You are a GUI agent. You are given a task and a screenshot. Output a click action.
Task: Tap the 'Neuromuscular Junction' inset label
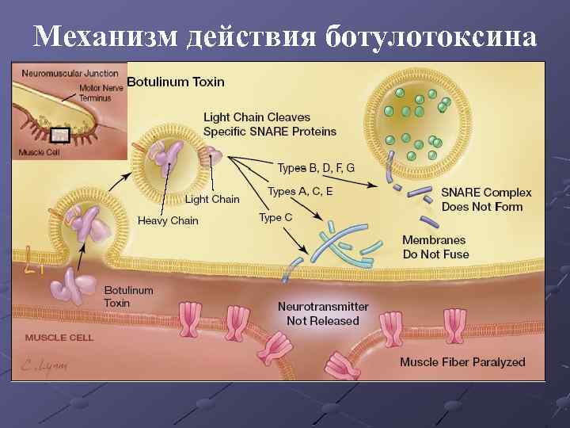click(x=70, y=73)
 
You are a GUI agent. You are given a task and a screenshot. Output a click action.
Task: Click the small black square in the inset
click(x=59, y=135)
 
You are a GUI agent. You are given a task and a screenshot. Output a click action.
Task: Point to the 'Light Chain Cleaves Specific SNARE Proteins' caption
click(x=269, y=124)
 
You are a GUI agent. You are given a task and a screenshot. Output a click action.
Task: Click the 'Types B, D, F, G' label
click(x=315, y=168)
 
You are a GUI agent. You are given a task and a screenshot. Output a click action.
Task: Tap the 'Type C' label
click(x=276, y=217)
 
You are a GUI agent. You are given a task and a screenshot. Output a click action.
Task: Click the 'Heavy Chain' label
click(x=168, y=220)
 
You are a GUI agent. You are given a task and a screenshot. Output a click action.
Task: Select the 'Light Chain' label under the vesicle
click(x=212, y=199)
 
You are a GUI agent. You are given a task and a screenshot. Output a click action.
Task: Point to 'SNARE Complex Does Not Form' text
click(x=486, y=200)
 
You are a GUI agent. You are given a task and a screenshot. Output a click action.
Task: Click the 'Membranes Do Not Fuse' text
click(x=435, y=247)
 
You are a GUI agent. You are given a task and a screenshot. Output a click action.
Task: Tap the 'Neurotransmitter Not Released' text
click(x=323, y=313)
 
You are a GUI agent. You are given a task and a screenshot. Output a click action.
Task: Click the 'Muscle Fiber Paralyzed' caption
click(x=462, y=362)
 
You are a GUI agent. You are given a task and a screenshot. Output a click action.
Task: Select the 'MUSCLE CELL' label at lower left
click(x=59, y=338)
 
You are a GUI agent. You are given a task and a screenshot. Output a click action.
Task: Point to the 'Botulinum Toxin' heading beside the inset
click(x=176, y=82)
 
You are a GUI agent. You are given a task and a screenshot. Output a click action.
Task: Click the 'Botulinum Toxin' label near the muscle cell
click(x=128, y=296)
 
